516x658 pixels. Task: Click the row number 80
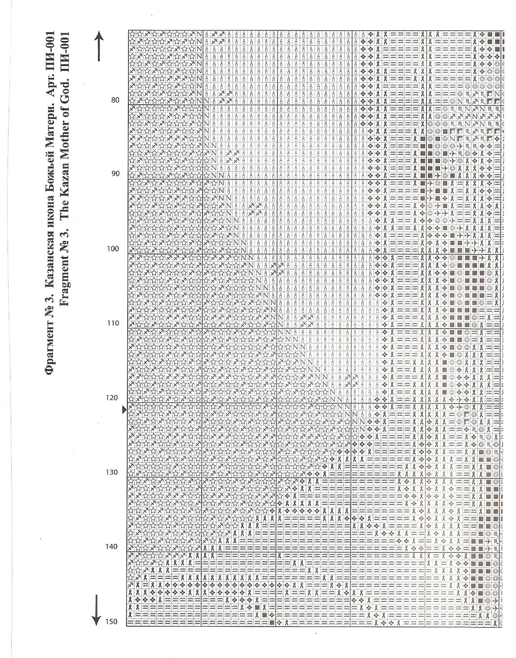pos(115,100)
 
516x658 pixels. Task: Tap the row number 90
pos(115,174)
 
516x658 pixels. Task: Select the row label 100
pos(113,249)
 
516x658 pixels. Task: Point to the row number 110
pos(113,323)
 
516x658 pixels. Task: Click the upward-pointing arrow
pos(99,46)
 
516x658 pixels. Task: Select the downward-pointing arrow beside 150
pos(96,610)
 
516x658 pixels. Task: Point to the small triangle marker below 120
pos(124,410)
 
